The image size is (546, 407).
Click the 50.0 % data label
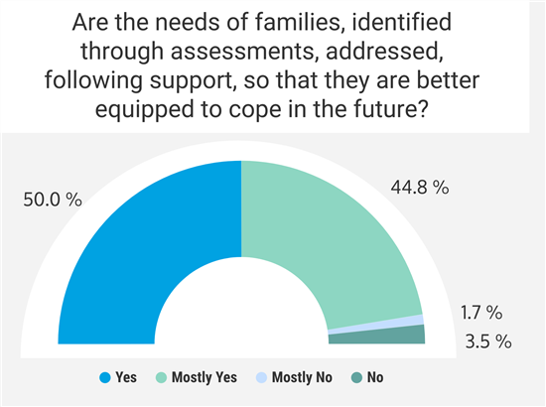pyautogui.click(x=53, y=200)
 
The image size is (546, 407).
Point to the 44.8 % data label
pyautogui.click(x=420, y=188)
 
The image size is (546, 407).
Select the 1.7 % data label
pyautogui.click(x=481, y=313)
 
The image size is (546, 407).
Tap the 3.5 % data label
pyautogui.click(x=488, y=341)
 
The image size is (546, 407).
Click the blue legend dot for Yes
pyautogui.click(x=105, y=378)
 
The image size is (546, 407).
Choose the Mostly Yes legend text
pyautogui.click(x=205, y=377)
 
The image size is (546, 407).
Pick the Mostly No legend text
pyautogui.click(x=302, y=377)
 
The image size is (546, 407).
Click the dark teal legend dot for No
pyautogui.click(x=357, y=378)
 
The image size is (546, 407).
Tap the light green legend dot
pyautogui.click(x=161, y=378)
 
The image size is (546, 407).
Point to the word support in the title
pyautogui.click(x=192, y=81)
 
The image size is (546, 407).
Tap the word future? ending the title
pyautogui.click(x=391, y=109)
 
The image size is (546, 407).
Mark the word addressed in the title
pyautogui.click(x=385, y=52)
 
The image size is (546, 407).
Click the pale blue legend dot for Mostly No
pyautogui.click(x=261, y=378)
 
